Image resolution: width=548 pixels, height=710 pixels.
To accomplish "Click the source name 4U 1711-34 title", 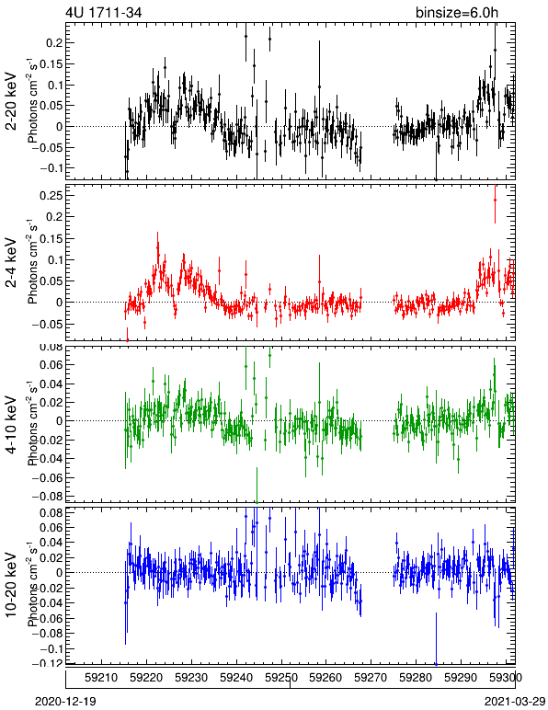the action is coord(104,12).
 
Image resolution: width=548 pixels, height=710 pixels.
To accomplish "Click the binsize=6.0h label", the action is coord(457,12).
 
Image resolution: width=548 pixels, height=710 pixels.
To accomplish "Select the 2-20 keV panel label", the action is coord(11,101).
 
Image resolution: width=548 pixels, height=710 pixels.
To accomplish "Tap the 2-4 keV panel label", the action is coord(11,263).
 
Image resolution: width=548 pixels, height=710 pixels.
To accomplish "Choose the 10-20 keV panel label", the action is coord(11,585).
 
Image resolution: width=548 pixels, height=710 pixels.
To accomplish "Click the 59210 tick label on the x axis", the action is coord(102,678).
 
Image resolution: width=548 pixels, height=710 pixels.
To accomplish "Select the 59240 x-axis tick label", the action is coord(236,678).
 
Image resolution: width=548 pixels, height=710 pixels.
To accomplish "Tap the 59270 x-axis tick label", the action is coord(371,678).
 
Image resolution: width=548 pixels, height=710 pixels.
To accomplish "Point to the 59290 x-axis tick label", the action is coord(461,678).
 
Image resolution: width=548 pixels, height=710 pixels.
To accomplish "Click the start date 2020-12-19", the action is coord(65,702).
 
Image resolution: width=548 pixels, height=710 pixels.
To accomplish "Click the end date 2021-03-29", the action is coord(515,702).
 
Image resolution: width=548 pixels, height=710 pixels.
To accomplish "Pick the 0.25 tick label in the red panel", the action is coord(51,195).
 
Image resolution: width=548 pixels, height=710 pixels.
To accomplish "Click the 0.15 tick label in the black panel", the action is coord(51,63).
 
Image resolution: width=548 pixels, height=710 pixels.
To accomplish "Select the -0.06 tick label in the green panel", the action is coord(48,477).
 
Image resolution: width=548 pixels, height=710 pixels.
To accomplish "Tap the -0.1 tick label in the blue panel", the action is coord(51,648).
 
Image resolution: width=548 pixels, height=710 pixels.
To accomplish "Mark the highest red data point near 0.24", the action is coord(495,200).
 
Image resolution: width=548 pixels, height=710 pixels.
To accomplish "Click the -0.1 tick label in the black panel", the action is coord(51,167).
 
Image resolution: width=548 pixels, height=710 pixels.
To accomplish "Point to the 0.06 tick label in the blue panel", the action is coord(51,528).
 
